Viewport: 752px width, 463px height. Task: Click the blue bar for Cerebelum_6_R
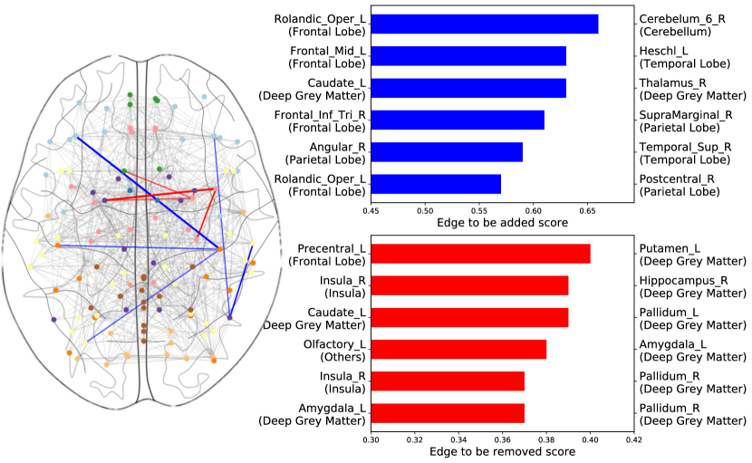coord(485,24)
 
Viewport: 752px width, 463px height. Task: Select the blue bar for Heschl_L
coord(468,56)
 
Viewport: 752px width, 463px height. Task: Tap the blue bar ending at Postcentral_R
coord(436,184)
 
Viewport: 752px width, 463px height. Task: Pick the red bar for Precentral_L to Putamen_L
coord(480,254)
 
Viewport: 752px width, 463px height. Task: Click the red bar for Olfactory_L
coord(458,350)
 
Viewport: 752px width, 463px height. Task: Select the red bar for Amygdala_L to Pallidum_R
coord(448,413)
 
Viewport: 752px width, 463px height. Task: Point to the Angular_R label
coord(337,146)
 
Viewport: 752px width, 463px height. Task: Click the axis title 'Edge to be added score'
coord(502,222)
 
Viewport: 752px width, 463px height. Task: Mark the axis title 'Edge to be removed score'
coord(502,453)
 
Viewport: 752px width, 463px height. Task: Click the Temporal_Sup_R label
coord(685,146)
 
